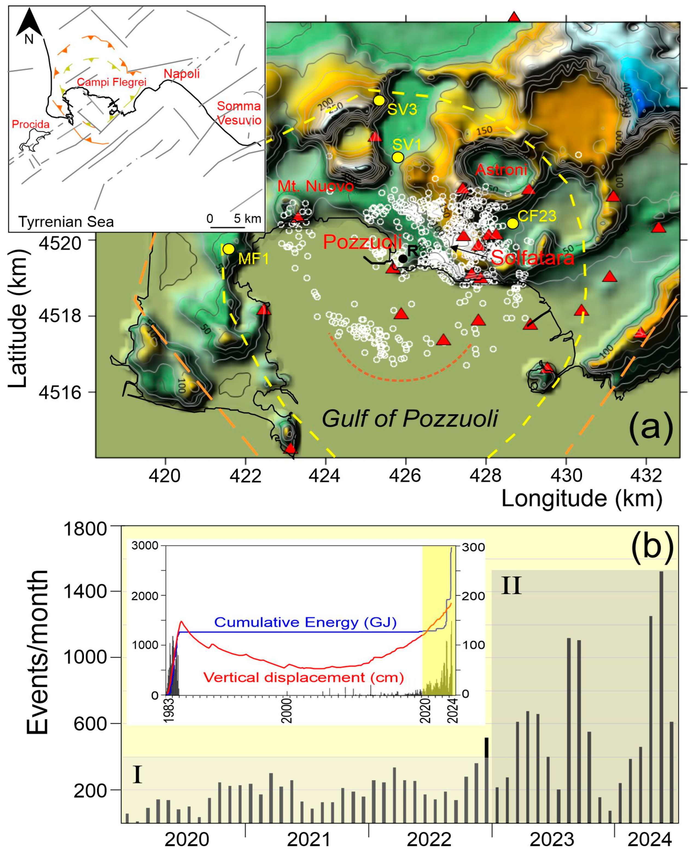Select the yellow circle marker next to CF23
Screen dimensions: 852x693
point(513,223)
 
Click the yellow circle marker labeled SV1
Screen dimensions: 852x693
point(398,157)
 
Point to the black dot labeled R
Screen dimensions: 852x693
point(403,259)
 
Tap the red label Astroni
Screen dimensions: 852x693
point(501,170)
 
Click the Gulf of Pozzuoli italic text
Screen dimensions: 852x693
point(410,419)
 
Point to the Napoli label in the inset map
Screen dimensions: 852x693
point(182,74)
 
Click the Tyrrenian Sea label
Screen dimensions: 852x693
point(66,222)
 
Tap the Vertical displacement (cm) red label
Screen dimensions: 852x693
point(303,677)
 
